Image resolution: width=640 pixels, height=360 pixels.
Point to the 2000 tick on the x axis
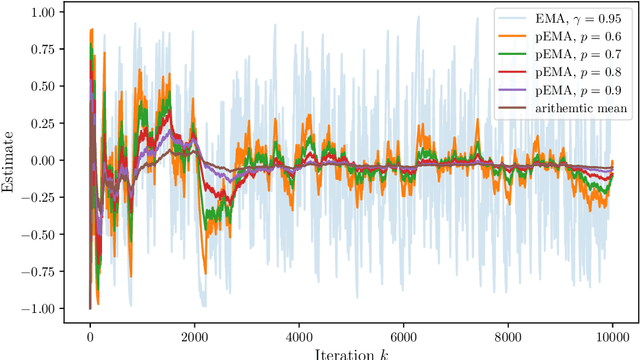(x=194, y=336)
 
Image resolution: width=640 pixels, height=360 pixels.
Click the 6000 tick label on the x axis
(x=403, y=336)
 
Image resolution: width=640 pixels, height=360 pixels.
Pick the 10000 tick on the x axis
(x=612, y=336)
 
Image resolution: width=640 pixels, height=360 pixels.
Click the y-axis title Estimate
(x=11, y=160)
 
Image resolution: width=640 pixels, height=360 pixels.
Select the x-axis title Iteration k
(x=350, y=353)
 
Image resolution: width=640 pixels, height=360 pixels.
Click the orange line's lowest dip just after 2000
(x=205, y=272)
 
